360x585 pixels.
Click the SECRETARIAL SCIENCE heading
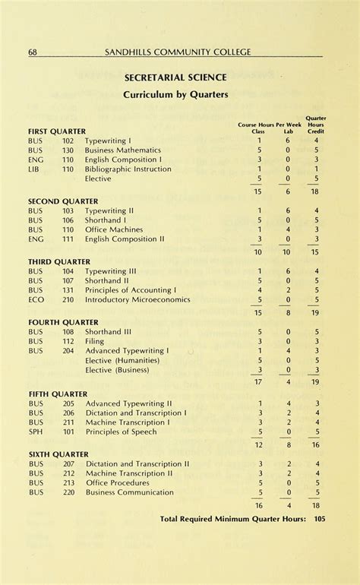tap(176, 77)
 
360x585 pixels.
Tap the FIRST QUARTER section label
tap(57, 131)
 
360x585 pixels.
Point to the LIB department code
tap(33, 169)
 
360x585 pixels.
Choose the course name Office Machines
tap(114, 229)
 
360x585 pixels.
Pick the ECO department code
tap(36, 299)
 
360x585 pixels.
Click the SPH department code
tap(35, 432)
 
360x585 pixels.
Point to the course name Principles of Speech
tap(121, 432)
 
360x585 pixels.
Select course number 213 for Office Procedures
tap(68, 482)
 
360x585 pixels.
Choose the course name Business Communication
tap(130, 492)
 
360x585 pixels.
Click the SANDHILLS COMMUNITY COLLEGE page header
tap(178, 52)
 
